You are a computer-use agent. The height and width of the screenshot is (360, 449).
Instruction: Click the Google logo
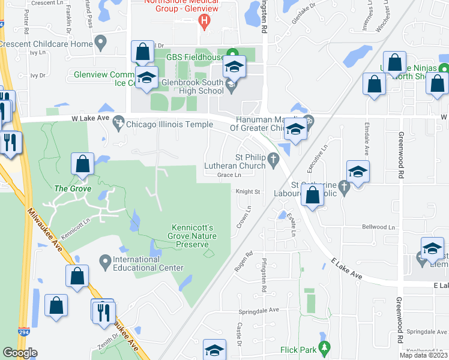pos(20,353)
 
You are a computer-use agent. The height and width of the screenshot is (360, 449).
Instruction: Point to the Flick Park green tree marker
pos(325,347)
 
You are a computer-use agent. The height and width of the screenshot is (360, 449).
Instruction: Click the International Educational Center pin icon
pos(105,260)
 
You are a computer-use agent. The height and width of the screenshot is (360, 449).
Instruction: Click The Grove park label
pos(73,188)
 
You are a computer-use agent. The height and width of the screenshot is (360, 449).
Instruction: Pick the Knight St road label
pos(247,192)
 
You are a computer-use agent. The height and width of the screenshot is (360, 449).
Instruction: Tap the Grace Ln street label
pos(229,175)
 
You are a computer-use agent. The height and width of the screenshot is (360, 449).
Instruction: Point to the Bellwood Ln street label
pos(379,227)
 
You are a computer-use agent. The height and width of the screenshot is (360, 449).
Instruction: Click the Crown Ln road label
pos(243,217)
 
